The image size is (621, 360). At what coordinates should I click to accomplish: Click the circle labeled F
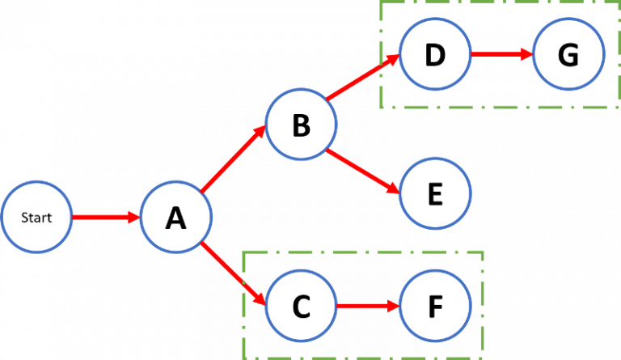[435, 307]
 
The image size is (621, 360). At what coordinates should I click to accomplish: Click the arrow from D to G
[501, 55]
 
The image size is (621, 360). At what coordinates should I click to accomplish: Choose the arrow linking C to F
[368, 307]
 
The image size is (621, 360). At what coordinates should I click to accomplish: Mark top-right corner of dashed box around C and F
[483, 252]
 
